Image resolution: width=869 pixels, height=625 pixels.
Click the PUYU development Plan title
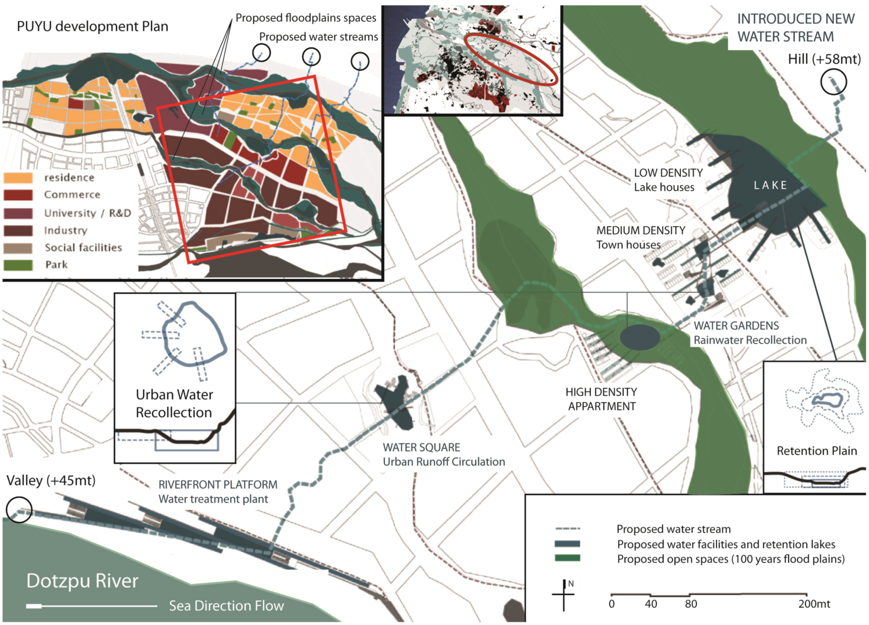93,27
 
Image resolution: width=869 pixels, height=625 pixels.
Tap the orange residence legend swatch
18,178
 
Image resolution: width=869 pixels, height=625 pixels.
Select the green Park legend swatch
18,265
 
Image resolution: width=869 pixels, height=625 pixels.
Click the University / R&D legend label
87,213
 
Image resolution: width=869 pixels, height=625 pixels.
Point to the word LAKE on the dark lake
770,186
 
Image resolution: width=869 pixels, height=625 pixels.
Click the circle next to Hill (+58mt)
833,82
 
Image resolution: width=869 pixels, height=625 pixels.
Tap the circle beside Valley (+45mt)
19,509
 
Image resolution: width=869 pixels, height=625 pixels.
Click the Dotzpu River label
82,581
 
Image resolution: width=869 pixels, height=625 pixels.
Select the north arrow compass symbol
563,595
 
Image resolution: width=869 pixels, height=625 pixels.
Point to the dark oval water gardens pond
640,337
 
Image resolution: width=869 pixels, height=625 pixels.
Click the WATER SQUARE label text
421,448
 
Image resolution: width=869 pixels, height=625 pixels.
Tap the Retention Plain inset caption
816,451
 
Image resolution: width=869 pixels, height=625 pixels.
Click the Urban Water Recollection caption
174,404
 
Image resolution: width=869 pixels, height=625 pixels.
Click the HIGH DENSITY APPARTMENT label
601,399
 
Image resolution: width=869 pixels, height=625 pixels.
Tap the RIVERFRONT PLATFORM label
218,485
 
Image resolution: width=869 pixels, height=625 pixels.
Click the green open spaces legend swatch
567,558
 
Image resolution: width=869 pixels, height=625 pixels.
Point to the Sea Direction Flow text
226,606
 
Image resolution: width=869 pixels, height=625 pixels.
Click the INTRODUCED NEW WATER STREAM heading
795,27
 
